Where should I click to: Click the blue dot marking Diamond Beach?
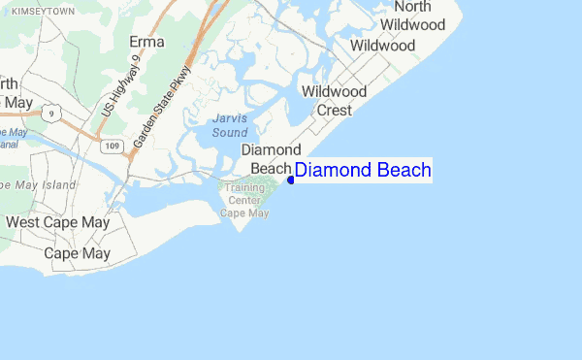(x=291, y=179)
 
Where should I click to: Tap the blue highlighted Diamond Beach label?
(x=363, y=171)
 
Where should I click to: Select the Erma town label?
(x=147, y=43)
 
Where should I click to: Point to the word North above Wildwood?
(x=412, y=7)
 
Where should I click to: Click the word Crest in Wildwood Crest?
(x=335, y=110)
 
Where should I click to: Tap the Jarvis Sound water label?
(x=230, y=125)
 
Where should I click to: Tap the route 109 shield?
(x=112, y=146)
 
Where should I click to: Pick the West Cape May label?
(x=58, y=222)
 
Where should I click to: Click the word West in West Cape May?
(x=23, y=222)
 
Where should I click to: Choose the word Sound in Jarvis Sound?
(x=230, y=132)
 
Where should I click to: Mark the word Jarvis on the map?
(x=230, y=119)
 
